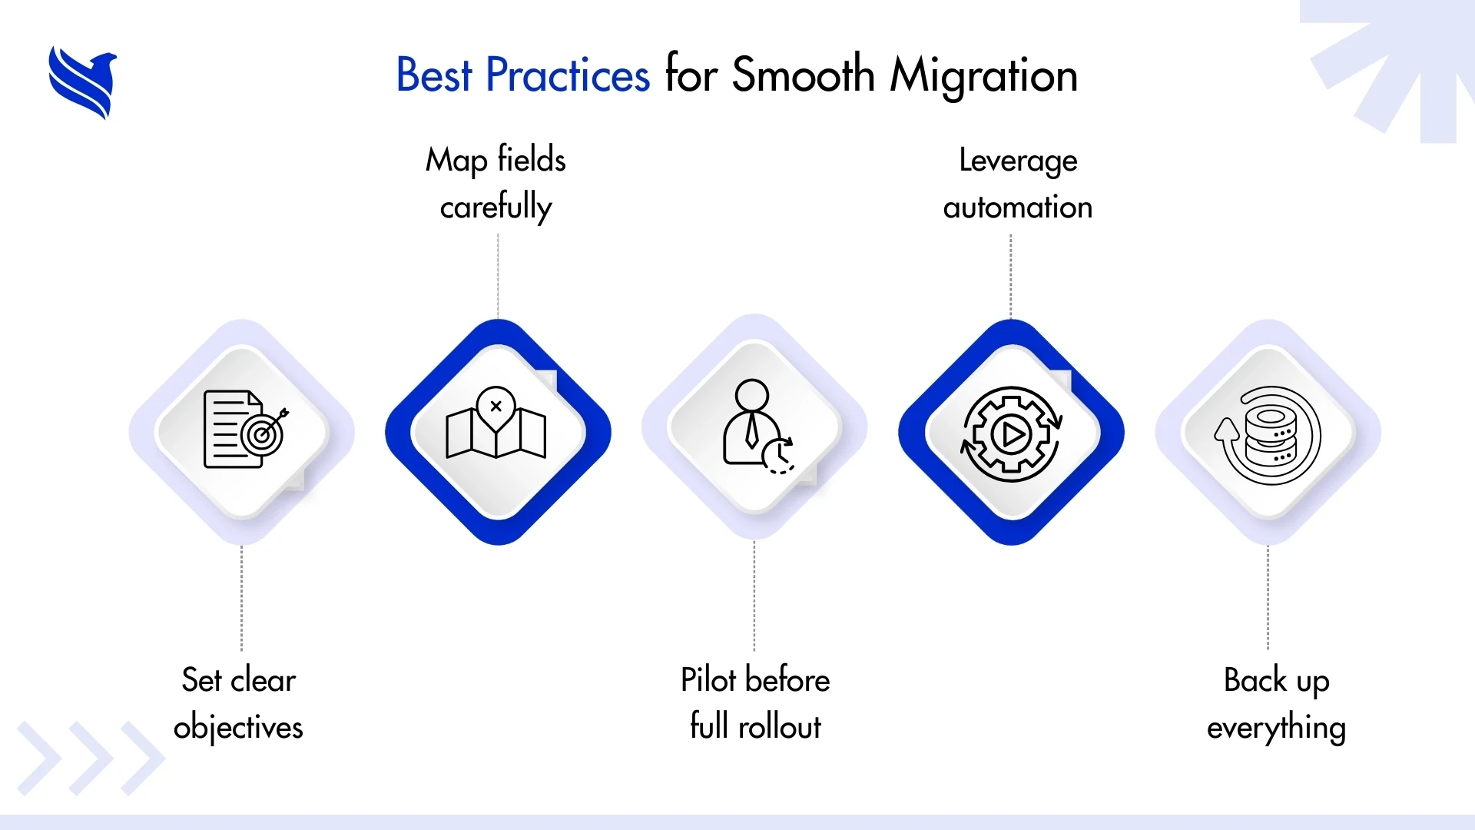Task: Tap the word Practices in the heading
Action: click(568, 75)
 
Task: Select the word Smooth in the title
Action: click(803, 75)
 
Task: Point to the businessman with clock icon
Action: click(757, 427)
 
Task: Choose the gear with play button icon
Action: click(1011, 434)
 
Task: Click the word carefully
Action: click(496, 207)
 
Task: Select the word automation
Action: click(1017, 207)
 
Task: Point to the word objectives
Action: click(238, 728)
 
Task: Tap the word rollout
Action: click(780, 727)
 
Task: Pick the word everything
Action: click(1276, 728)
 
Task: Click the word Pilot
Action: click(708, 680)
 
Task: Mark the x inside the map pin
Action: click(496, 407)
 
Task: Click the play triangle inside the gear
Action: click(1012, 436)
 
